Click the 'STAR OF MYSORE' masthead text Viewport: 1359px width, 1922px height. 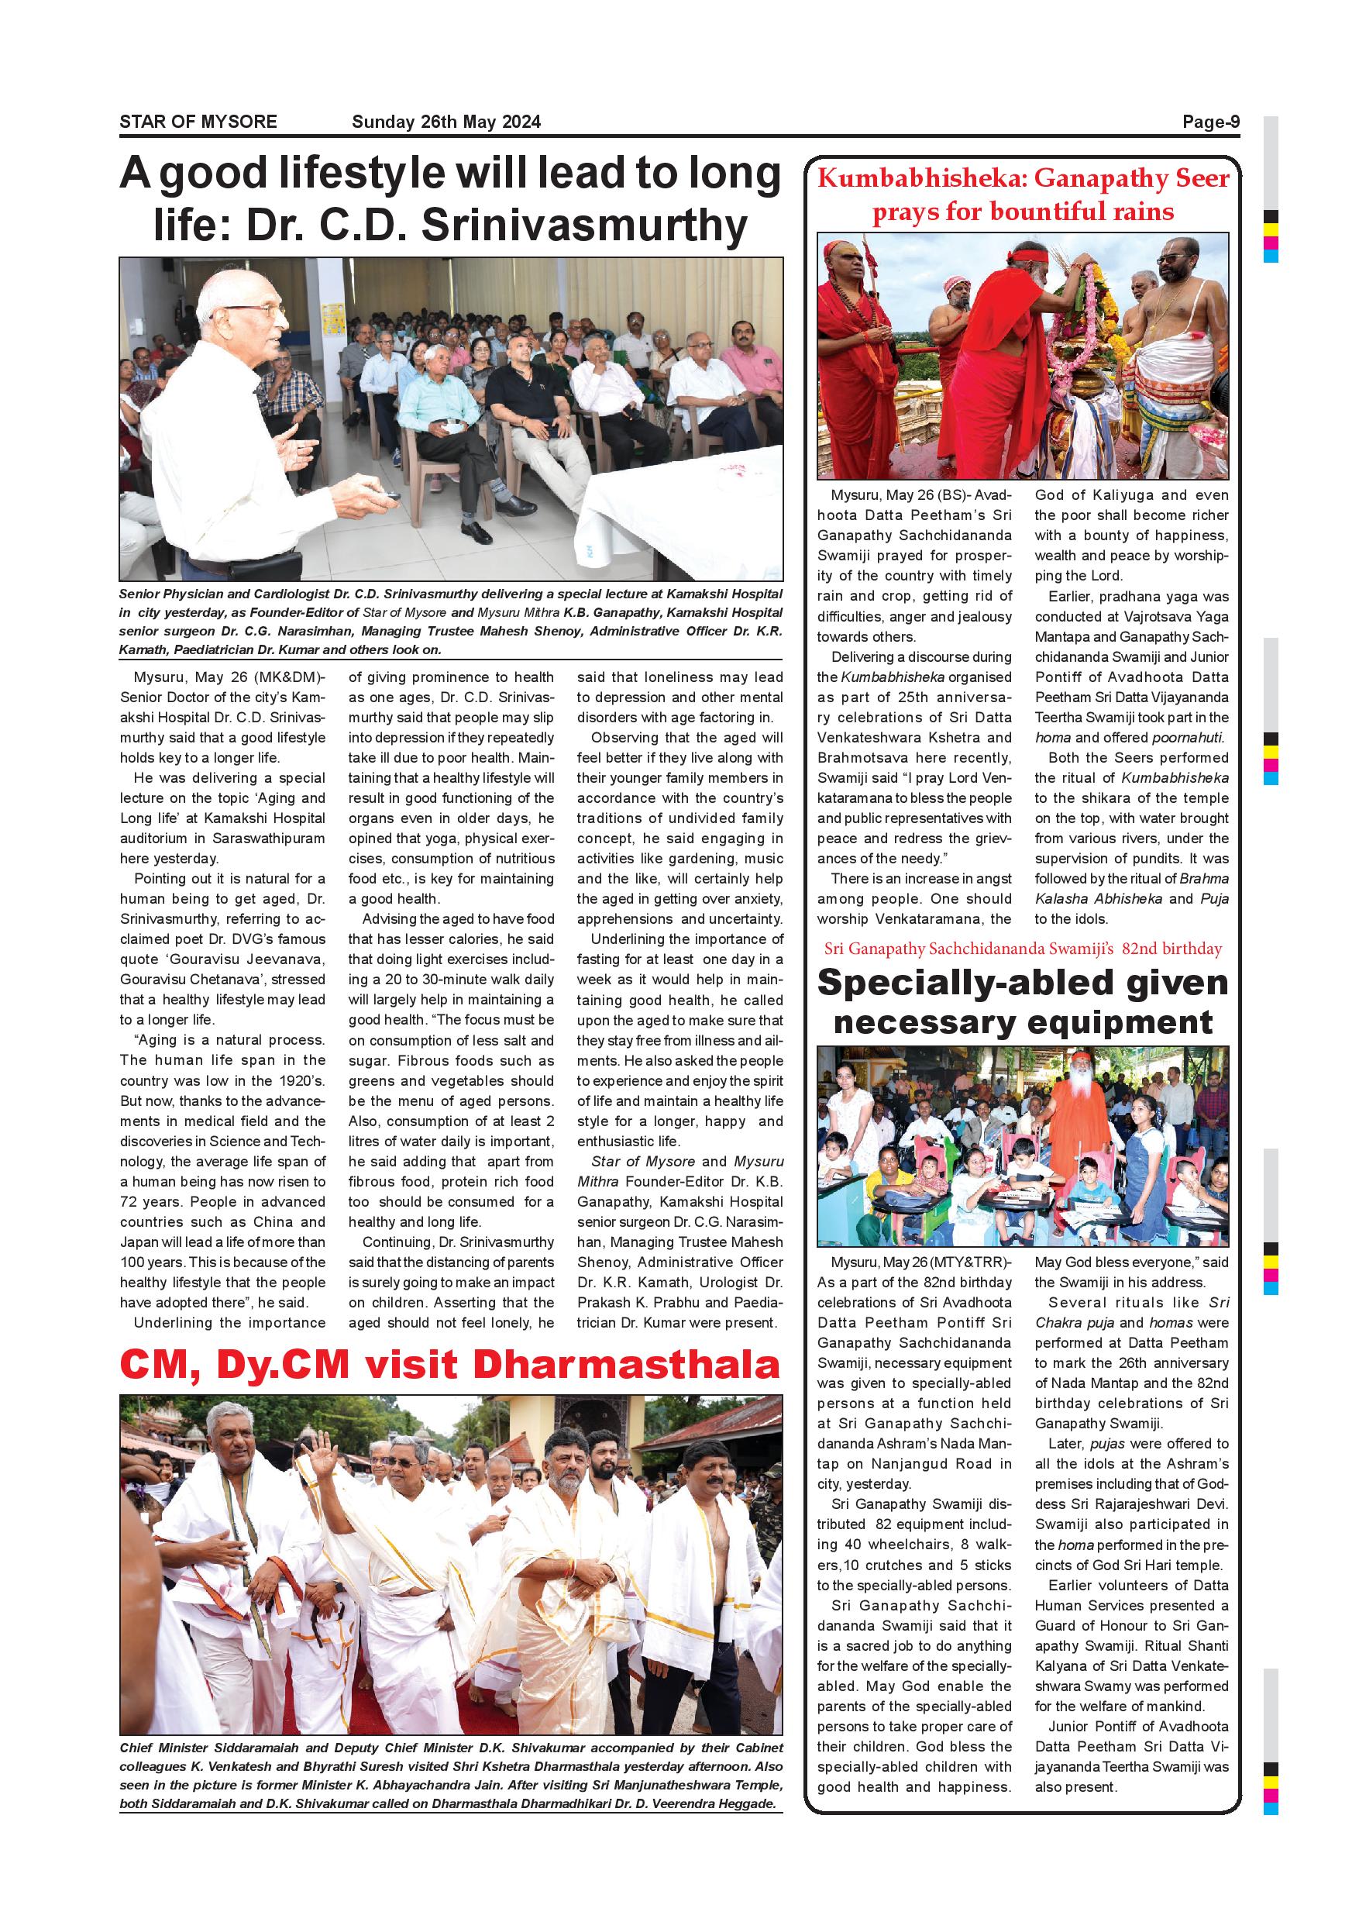[x=198, y=122]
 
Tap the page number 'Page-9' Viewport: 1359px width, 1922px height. [x=1210, y=122]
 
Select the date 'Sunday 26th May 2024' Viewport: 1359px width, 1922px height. [x=446, y=122]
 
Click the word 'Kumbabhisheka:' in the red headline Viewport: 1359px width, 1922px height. [x=921, y=178]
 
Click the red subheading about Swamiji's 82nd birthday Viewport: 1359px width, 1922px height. [x=1023, y=949]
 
